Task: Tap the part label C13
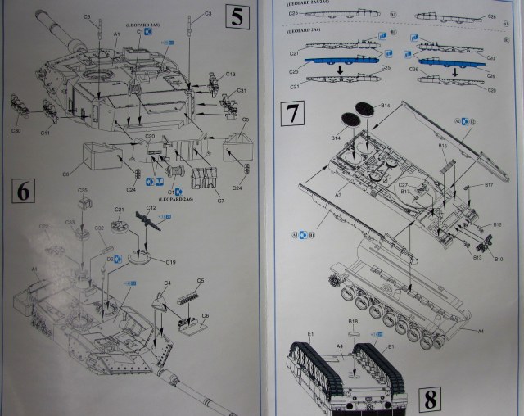pos(231,75)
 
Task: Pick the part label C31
pos(242,90)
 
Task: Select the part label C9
pos(245,120)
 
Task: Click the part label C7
pos(220,199)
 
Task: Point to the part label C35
pos(83,190)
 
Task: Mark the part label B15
pos(442,146)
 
